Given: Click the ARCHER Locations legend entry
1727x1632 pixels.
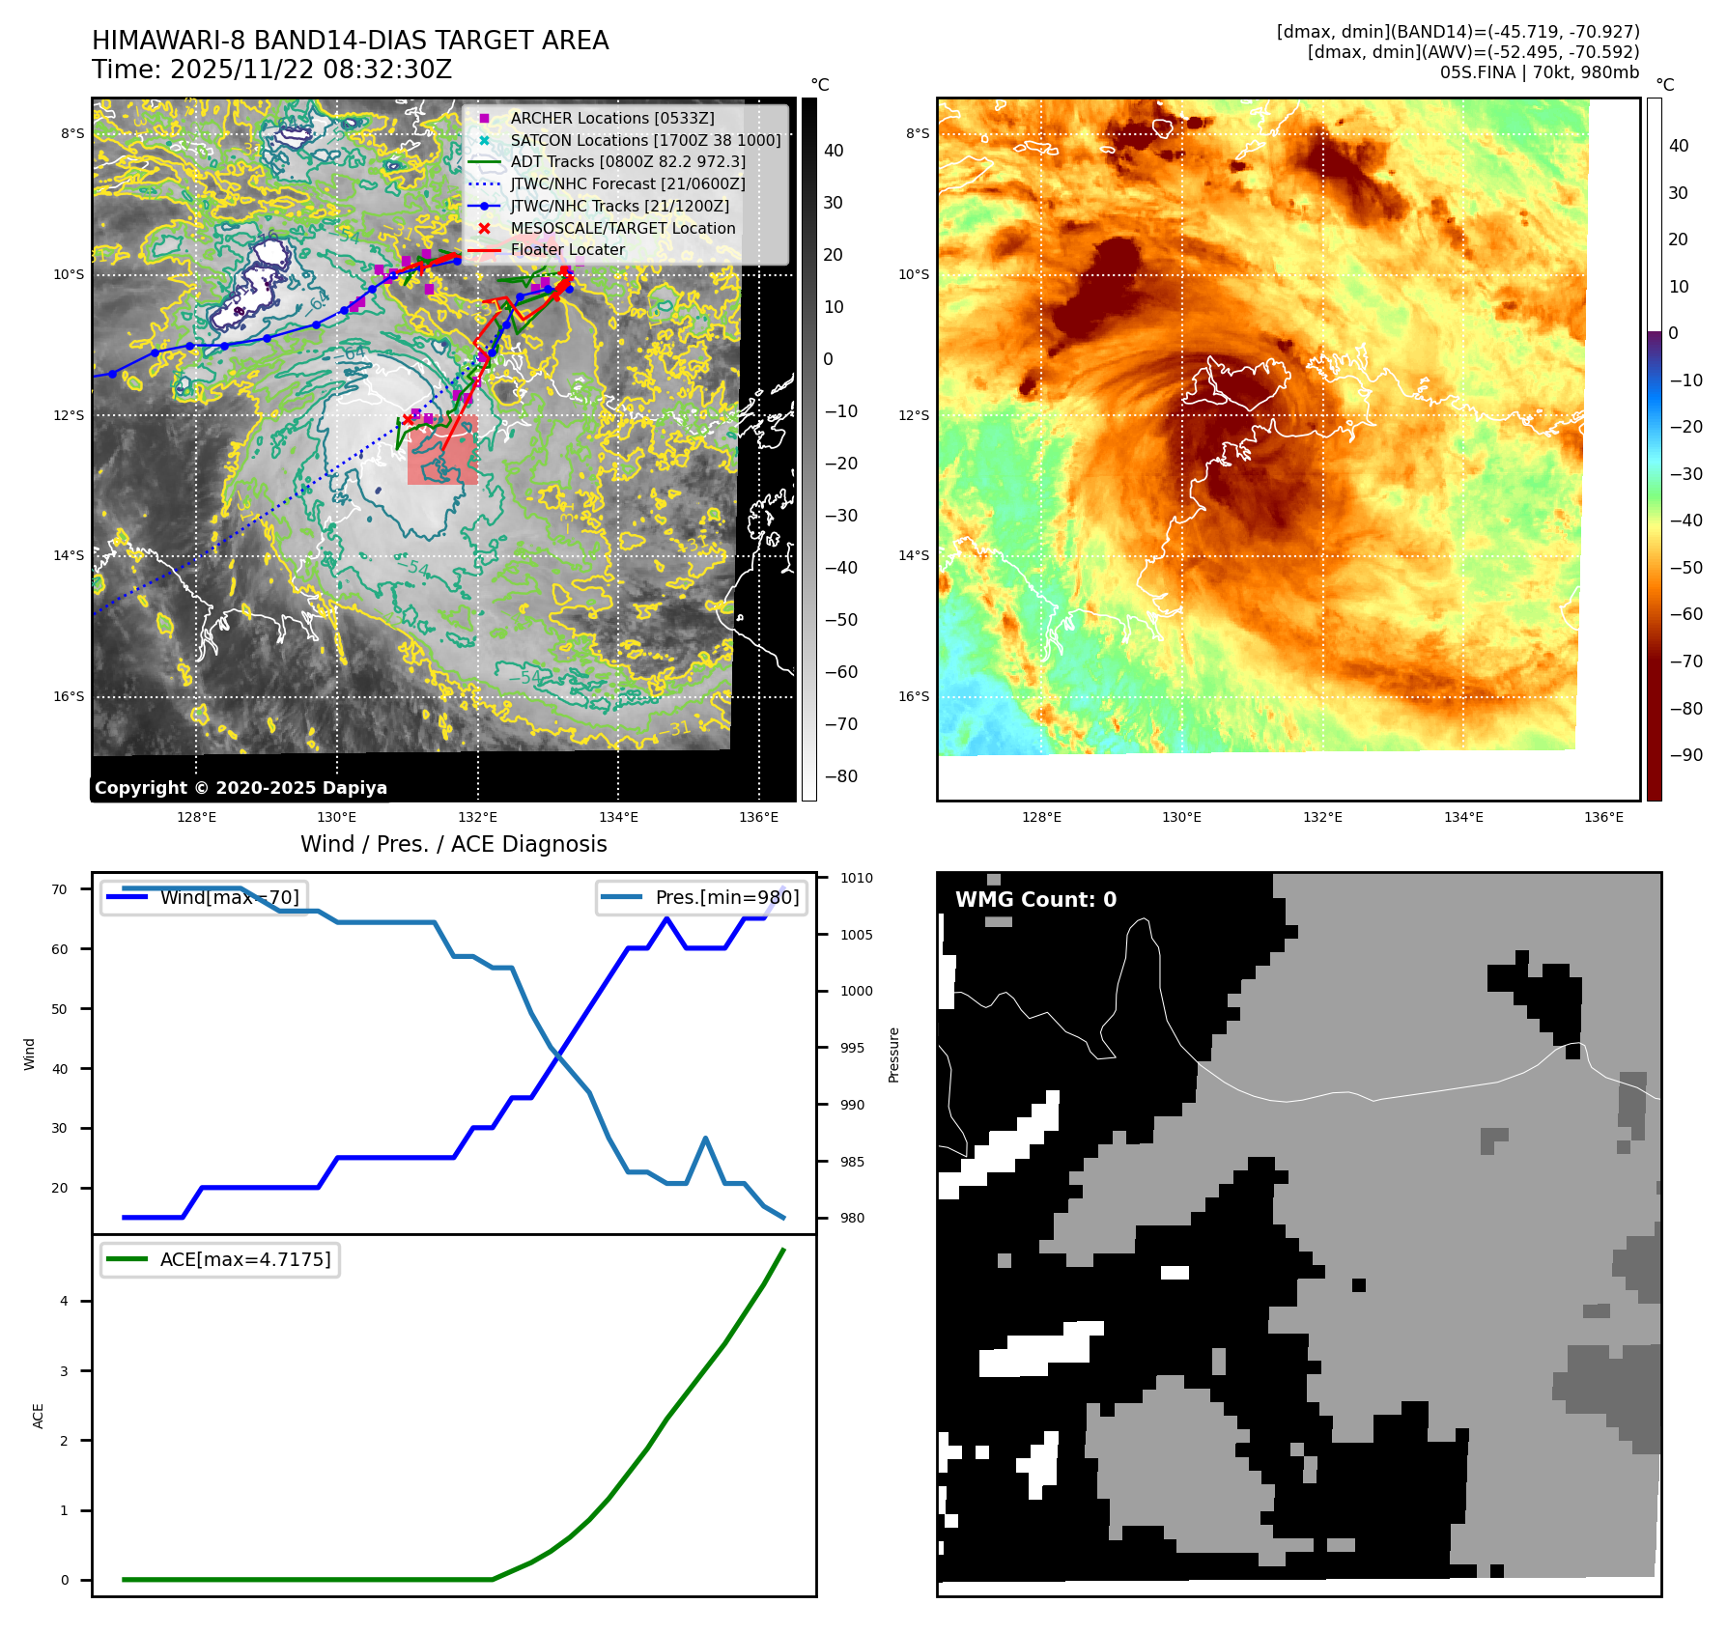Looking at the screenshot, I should (612, 118).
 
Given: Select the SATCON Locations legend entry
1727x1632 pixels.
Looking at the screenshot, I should (645, 140).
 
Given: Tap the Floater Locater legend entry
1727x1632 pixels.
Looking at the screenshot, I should (567, 249).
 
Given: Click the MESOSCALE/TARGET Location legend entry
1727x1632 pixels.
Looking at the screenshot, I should (622, 228).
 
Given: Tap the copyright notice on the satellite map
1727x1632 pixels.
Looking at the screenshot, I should (241, 788).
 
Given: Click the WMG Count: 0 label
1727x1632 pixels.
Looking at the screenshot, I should (1035, 900).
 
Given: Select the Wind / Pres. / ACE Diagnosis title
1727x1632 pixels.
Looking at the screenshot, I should (453, 844).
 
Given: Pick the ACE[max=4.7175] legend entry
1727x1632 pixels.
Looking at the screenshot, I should (244, 1259).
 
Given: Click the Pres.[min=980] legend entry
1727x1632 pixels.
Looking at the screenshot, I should (726, 897).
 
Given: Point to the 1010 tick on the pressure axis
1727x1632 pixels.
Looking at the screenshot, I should (856, 878).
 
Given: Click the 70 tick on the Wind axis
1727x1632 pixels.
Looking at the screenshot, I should (60, 889).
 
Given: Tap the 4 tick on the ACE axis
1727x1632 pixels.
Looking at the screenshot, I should (65, 1301).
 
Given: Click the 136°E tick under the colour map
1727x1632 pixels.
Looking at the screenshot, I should (1603, 817).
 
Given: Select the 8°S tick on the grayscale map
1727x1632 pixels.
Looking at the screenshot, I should (72, 133).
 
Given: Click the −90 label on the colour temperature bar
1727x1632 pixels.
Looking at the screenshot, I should (1685, 755).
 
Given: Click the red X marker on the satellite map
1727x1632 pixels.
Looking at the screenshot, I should (408, 419).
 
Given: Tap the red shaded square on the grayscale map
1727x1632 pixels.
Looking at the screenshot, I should (442, 451).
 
